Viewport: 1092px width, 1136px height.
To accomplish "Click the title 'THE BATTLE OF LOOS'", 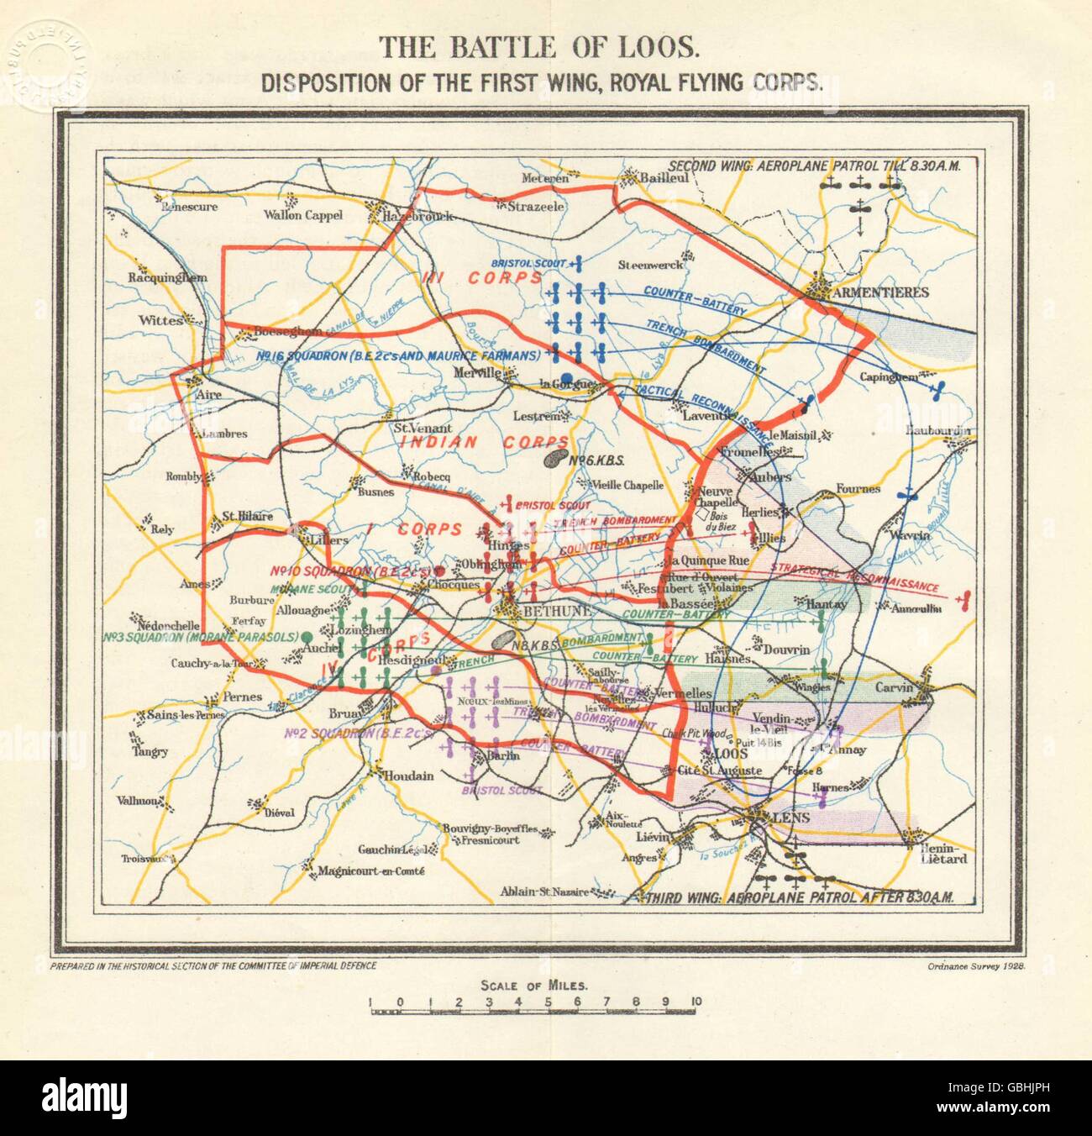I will [x=538, y=48].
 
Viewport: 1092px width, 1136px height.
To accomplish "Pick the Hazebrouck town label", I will [x=417, y=216].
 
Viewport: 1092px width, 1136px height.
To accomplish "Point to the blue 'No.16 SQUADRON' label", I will [x=398, y=356].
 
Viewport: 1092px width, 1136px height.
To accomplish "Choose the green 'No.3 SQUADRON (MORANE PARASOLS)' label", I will [x=200, y=637].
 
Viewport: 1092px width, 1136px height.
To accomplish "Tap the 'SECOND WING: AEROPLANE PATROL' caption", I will [x=812, y=165].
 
